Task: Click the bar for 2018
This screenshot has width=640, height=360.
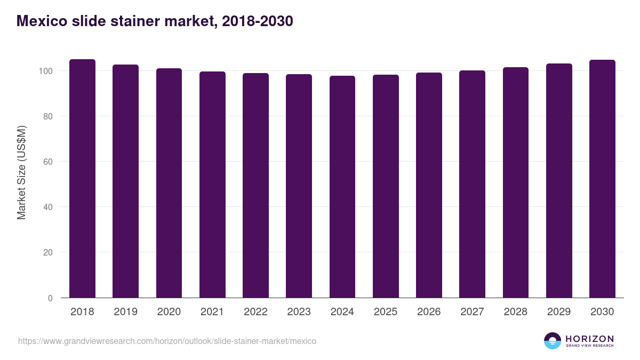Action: pyautogui.click(x=82, y=179)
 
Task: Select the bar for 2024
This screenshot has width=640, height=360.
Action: pyautogui.click(x=342, y=187)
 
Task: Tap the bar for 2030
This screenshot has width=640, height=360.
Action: pyautogui.click(x=602, y=179)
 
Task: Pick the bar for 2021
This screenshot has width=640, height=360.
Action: pyautogui.click(x=212, y=185)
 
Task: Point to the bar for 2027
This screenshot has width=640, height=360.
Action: pyautogui.click(x=472, y=184)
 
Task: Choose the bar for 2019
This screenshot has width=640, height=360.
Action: pyautogui.click(x=125, y=181)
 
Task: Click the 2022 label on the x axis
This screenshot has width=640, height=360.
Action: pyautogui.click(x=255, y=312)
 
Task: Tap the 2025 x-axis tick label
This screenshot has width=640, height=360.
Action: pyautogui.click(x=386, y=312)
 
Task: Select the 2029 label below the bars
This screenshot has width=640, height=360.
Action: pyautogui.click(x=559, y=312)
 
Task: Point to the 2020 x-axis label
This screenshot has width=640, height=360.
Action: pyautogui.click(x=169, y=312)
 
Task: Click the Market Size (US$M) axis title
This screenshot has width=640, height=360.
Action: pyautogui.click(x=21, y=172)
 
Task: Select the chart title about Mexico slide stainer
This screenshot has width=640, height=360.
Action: pyautogui.click(x=155, y=21)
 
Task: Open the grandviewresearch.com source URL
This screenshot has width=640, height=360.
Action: pyautogui.click(x=167, y=341)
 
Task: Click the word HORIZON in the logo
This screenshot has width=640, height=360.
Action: pyautogui.click(x=589, y=339)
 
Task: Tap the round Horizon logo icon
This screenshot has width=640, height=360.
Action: pyautogui.click(x=552, y=341)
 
